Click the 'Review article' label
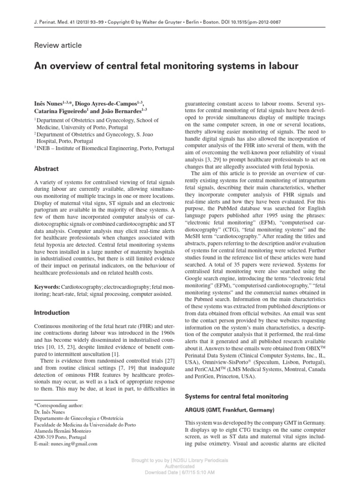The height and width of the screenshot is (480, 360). [58, 45]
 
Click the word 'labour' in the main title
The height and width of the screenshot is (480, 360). [280, 67]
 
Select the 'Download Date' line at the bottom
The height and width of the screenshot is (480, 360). [180, 472]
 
